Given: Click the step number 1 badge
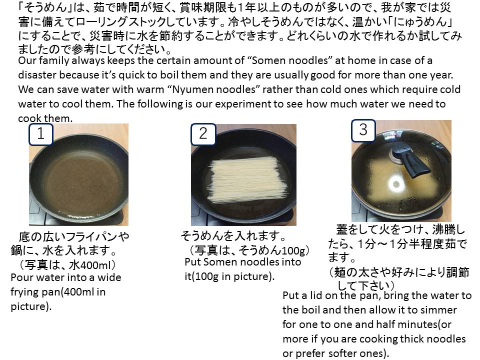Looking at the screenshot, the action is click(x=41, y=134).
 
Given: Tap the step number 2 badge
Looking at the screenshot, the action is click(x=203, y=134).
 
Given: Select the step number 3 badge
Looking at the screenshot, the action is click(x=363, y=130).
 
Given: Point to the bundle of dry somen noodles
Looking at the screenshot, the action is click(x=248, y=179).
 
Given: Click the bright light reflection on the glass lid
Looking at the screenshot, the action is click(x=396, y=184).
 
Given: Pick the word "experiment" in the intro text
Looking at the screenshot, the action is click(x=243, y=104).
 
